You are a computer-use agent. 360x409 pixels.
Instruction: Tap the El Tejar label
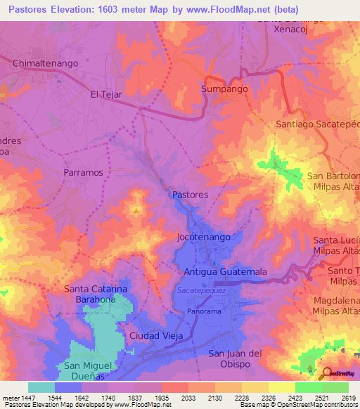[x=106, y=93]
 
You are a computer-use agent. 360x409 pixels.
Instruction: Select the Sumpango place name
[x=224, y=91]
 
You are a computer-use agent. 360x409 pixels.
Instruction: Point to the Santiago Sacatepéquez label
[x=317, y=124]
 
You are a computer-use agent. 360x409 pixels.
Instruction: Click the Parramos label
[x=83, y=172]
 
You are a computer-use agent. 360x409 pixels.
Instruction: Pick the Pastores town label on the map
[x=189, y=195]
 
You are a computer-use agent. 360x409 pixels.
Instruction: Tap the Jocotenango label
[x=204, y=238]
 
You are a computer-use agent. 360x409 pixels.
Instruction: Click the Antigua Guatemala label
[x=225, y=271]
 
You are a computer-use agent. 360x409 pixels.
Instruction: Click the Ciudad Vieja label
[x=156, y=336]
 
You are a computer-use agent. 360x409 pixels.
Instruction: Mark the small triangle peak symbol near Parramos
[x=136, y=209]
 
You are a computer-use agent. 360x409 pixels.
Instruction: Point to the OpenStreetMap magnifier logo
[x=325, y=373]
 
